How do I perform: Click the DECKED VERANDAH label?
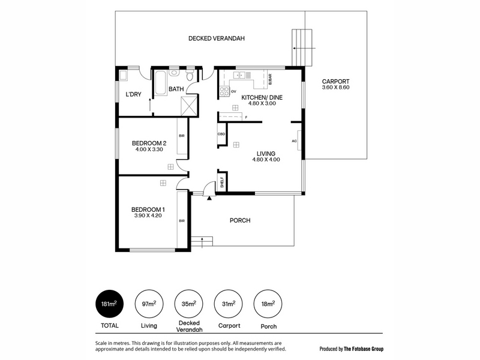pos(217,38)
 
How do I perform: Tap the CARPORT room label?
pos(335,82)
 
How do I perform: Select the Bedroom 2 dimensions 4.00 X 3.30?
pos(149,149)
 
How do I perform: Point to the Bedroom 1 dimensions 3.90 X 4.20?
pos(148,215)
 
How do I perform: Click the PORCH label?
pos(240,220)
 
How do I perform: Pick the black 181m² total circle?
pos(110,304)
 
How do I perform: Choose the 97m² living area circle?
pos(149,304)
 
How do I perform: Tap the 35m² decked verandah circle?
pos(189,304)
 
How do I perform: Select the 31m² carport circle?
pos(229,304)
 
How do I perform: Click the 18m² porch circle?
pos(268,304)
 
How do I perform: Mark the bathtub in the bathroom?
pos(160,83)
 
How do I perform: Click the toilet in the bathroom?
pos(190,76)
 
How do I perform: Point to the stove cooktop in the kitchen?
pos(224,91)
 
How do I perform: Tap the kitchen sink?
pos(239,74)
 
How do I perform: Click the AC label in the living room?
pos(294,141)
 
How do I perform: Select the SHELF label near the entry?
pos(222,182)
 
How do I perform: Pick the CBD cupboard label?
pos(221,134)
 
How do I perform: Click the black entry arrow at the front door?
pos(209,199)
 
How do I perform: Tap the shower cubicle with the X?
pos(189,106)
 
